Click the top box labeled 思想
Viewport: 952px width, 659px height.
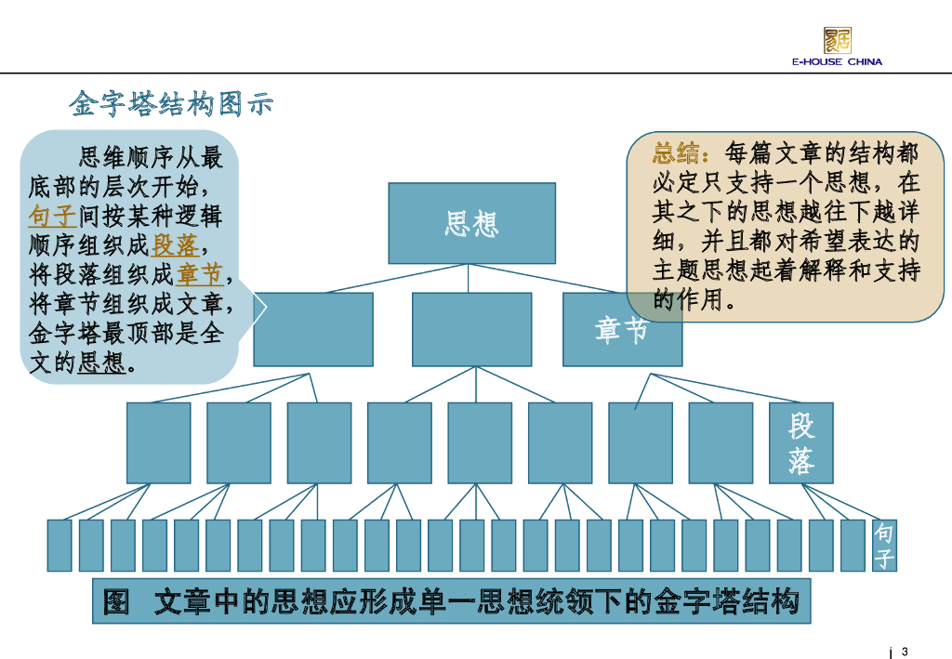471,223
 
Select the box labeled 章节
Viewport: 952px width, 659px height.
622,329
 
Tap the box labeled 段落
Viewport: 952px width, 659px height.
800,442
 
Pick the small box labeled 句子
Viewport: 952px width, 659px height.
884,546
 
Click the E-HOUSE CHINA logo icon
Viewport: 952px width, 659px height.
837,40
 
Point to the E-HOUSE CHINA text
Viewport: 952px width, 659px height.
837,62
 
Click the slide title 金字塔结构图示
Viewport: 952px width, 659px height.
171,104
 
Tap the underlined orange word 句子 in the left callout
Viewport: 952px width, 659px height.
52,217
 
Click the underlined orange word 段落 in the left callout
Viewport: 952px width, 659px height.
175,246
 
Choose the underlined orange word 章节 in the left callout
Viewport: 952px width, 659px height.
200,275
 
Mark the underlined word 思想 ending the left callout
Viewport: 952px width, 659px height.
101,362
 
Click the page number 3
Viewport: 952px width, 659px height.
905,651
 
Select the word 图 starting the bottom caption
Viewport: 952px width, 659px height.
116,602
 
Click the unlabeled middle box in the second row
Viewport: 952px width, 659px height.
471,329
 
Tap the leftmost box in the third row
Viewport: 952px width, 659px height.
158,442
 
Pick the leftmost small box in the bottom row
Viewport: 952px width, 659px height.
59,546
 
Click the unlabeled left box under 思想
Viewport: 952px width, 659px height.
313,329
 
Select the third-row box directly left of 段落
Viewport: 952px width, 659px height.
721,442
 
